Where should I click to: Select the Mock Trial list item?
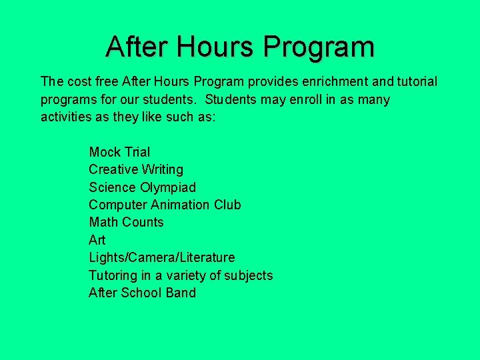(x=119, y=152)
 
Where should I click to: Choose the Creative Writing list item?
(x=136, y=170)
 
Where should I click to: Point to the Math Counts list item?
(x=126, y=222)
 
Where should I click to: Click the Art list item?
(x=97, y=240)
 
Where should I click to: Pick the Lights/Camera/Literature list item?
(x=162, y=257)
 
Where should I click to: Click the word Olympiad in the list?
(x=168, y=187)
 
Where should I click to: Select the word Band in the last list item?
(x=181, y=293)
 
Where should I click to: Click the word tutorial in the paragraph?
(x=416, y=82)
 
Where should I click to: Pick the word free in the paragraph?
(x=107, y=82)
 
